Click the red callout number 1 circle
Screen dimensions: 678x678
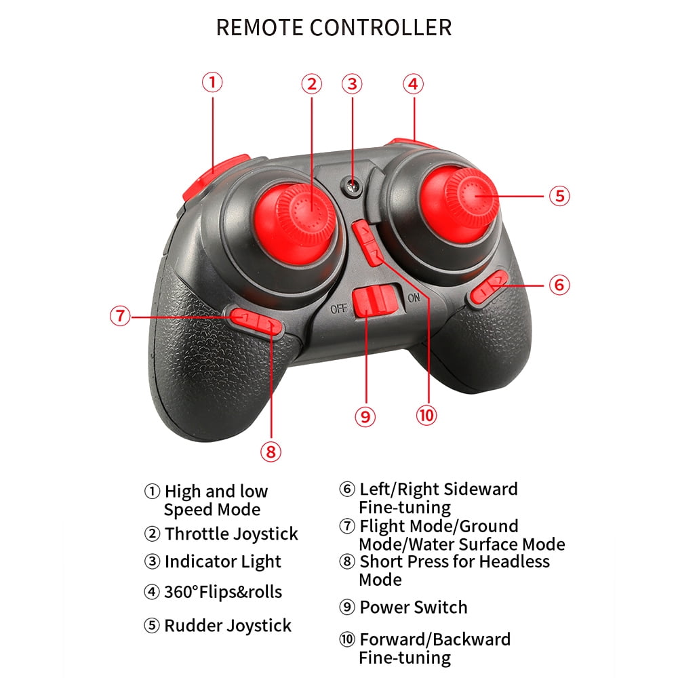click(212, 82)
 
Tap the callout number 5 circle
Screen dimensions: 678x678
click(559, 195)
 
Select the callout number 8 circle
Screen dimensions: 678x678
click(271, 452)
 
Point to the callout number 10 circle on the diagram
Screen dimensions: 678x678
click(426, 416)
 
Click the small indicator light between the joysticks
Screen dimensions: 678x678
click(353, 187)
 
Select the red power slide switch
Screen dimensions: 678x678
click(376, 302)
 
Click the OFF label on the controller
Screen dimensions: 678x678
click(338, 308)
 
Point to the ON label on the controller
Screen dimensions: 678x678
click(414, 298)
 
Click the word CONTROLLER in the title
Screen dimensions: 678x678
click(381, 28)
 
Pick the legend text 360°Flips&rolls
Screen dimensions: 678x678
click(223, 591)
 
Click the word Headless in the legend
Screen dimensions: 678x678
click(515, 561)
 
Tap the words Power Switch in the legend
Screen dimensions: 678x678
click(414, 607)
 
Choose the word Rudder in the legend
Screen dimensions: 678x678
click(193, 625)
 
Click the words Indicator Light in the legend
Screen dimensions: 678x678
click(222, 561)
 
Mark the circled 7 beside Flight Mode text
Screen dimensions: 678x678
click(346, 526)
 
